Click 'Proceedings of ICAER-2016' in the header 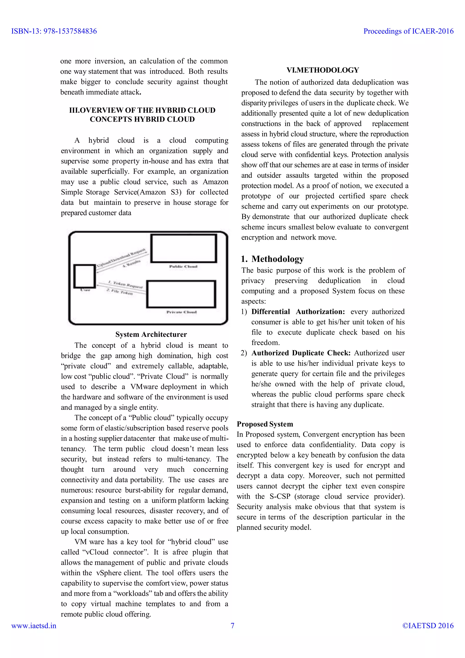pyautogui.click(x=408, y=31)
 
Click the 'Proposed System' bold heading pyautogui.click(x=265, y=424)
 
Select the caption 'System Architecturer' pyautogui.click(x=151, y=334)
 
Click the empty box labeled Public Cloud pyautogui.click(x=183, y=248)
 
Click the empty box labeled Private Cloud pyautogui.click(x=181, y=294)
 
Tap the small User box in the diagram pyautogui.click(x=84, y=276)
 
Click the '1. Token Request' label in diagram pyautogui.click(x=125, y=284)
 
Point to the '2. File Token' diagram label pyautogui.click(x=120, y=292)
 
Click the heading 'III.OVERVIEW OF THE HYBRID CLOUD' pyautogui.click(x=142, y=110)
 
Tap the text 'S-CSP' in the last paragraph pyautogui.click(x=280, y=496)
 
